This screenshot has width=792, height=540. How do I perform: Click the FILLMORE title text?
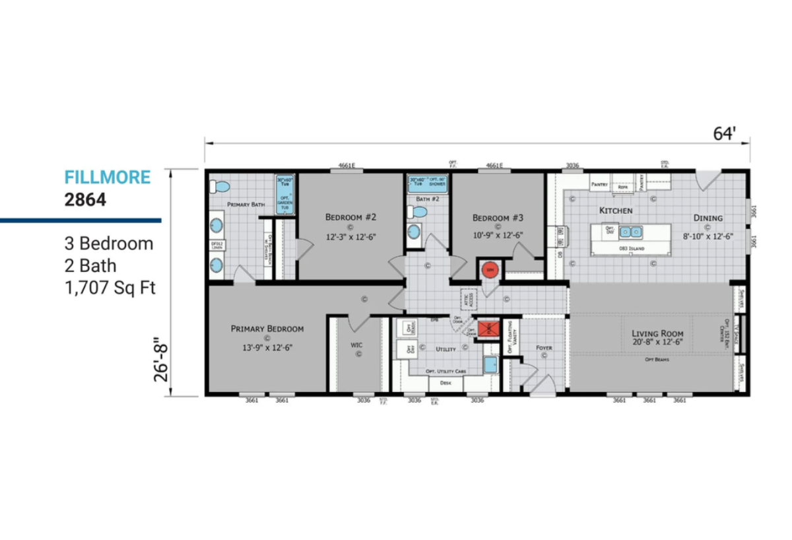pos(107,177)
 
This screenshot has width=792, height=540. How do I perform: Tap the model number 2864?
pos(84,200)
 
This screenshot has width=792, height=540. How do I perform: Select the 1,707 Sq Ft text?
pos(110,288)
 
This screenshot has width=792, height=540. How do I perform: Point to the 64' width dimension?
pos(723,133)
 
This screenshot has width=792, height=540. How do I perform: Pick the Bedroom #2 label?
pos(351,217)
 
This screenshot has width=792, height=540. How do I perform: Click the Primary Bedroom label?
pos(267,328)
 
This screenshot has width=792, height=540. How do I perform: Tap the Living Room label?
pos(657,333)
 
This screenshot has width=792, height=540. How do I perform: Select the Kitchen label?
pos(616,211)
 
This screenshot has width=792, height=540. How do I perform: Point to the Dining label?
pos(708,218)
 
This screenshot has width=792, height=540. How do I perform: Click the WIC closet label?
pos(357,345)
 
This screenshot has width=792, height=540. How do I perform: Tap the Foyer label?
pos(544,347)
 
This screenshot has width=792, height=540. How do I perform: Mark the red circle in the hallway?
pos(489,269)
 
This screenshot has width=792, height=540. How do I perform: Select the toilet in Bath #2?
pos(418,213)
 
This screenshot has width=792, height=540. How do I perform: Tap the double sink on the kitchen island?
pos(630,232)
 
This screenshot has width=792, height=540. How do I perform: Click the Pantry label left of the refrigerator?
pos(599,185)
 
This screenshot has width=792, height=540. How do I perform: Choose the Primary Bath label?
pos(246,205)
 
